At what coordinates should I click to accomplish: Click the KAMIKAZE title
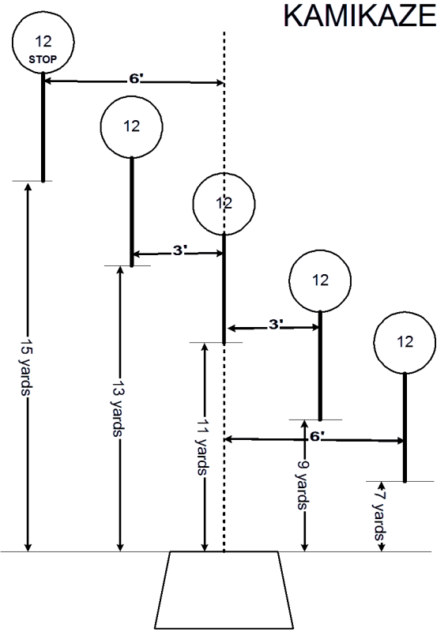360,15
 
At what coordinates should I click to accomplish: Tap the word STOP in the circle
43,60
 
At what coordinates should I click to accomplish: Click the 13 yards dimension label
119,407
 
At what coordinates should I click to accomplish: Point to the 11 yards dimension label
203,446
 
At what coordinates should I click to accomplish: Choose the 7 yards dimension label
380,516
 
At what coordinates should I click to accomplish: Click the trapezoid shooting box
224,589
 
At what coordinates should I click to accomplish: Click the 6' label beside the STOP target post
135,79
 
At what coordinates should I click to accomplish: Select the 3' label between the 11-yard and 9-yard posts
277,324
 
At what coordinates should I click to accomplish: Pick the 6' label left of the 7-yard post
318,437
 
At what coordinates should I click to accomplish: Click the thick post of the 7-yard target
405,427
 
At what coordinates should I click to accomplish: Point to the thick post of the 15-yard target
43,127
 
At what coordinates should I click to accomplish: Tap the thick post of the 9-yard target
320,366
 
